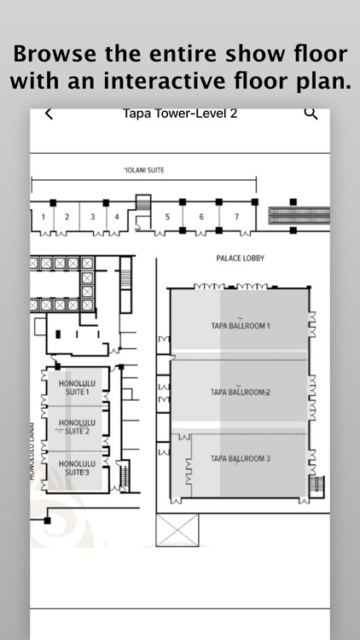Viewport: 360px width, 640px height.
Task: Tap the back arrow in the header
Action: coord(49,113)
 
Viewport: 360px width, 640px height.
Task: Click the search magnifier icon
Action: coord(311,113)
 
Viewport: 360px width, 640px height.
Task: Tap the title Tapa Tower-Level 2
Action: coord(180,113)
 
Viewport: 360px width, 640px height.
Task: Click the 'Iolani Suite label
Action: coord(143,170)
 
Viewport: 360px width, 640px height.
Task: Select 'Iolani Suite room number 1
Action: coord(43,217)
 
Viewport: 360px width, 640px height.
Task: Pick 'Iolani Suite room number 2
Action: coord(67,217)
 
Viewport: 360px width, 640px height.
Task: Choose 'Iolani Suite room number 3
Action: coord(93,217)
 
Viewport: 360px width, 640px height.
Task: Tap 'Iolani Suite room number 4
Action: coord(117,217)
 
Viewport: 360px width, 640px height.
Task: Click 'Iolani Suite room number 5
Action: coord(167,217)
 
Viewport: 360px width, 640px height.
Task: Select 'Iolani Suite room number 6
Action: coord(201,217)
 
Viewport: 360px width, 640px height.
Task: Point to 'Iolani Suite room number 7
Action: coord(236,217)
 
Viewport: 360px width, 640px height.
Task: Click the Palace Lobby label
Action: coord(236,256)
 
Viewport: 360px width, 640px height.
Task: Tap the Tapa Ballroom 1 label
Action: coord(240,326)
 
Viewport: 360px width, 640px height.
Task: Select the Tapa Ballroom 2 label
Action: coord(240,393)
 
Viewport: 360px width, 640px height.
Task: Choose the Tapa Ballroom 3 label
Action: coord(240,459)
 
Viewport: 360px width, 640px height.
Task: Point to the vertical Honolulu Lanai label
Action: coord(32,452)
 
